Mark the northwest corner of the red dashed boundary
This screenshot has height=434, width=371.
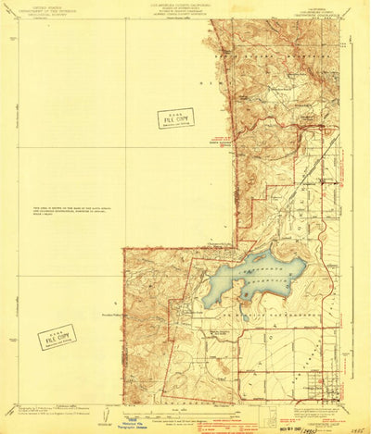pyautogui.click(x=124, y=248)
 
